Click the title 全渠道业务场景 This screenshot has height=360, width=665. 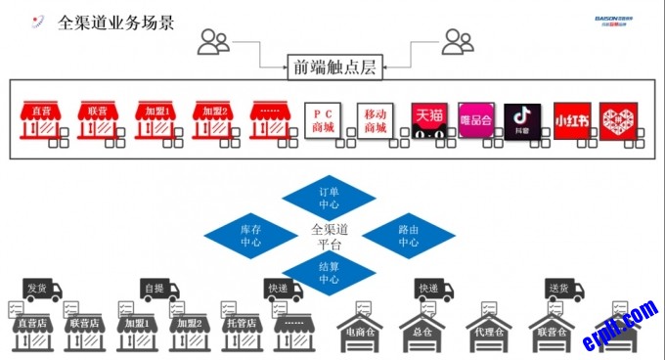click(x=116, y=22)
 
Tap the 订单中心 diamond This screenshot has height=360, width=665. click(x=329, y=198)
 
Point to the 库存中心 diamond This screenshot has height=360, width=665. click(x=250, y=234)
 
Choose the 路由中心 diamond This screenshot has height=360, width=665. click(x=408, y=234)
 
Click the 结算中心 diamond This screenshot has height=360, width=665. click(x=329, y=272)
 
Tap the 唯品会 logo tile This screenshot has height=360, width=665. click(x=476, y=120)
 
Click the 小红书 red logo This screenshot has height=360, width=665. click(x=572, y=120)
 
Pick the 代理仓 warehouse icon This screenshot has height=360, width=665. click(x=490, y=328)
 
